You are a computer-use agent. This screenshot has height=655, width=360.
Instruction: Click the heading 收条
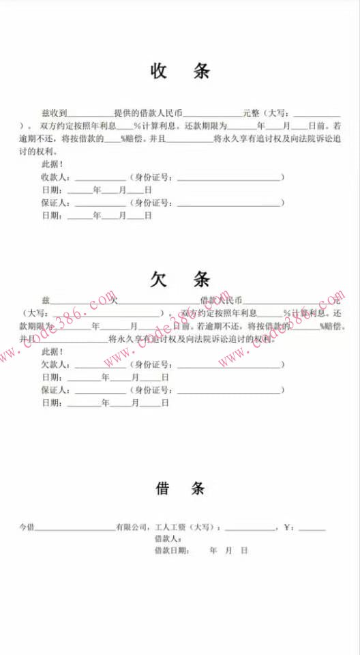[180, 71]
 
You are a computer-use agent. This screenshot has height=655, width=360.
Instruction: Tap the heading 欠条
[180, 278]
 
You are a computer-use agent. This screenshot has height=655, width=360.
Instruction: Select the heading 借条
[180, 489]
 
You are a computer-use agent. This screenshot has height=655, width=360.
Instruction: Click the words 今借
[27, 527]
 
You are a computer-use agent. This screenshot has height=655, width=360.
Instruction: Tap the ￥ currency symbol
[288, 527]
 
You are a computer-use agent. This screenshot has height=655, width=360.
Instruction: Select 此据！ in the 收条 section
[53, 164]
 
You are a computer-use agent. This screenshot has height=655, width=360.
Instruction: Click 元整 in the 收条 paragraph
[251, 113]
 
